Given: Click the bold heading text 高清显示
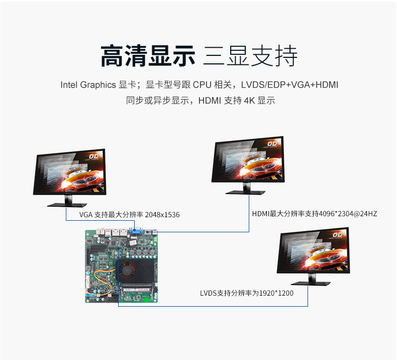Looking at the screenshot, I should tap(147, 56).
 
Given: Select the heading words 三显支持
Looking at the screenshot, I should tap(250, 56).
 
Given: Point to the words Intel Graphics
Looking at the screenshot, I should tap(88, 85).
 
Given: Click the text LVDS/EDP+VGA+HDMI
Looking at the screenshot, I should tap(289, 85).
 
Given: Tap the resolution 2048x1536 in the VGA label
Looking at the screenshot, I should tap(162, 215).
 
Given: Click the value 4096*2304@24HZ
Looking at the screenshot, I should tap(348, 214).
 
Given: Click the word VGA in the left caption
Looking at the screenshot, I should tap(85, 215).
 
